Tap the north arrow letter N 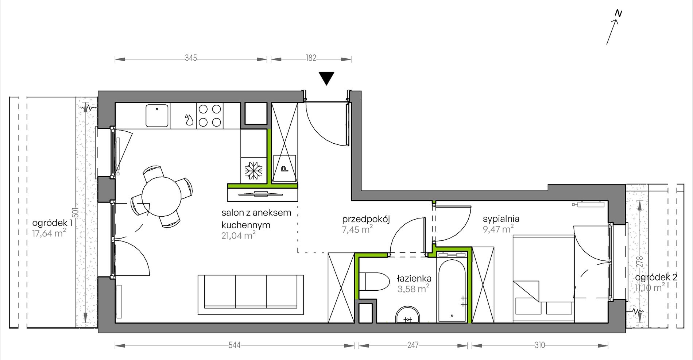(x=618, y=13)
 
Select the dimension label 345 (x=191, y=58)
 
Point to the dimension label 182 (x=311, y=58)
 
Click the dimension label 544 (x=234, y=345)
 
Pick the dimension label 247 (x=413, y=345)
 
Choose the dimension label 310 (x=540, y=345)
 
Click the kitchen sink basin (x=157, y=116)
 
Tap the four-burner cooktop (x=210, y=116)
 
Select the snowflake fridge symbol (x=253, y=171)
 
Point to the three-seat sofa (x=251, y=295)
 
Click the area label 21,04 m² (x=238, y=236)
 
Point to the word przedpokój (x=366, y=219)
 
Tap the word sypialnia (x=501, y=219)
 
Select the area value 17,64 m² (x=49, y=233)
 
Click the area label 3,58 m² (x=413, y=289)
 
